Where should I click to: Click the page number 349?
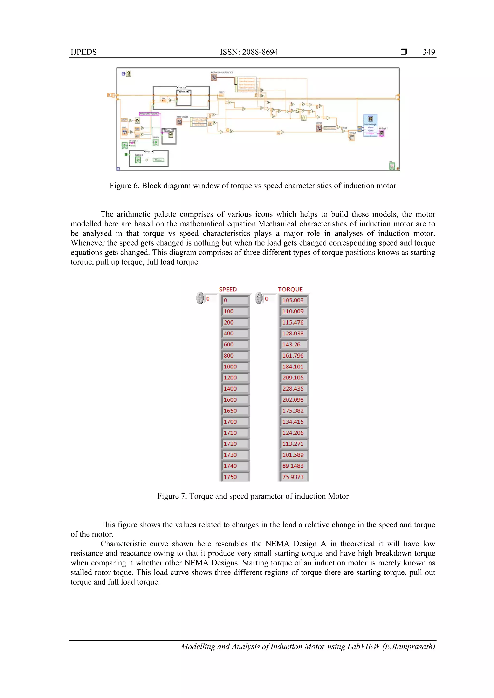tap(429, 52)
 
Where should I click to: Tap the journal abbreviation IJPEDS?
tap(84, 52)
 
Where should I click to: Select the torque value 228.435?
tap(293, 389)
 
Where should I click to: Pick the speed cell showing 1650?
tap(230, 411)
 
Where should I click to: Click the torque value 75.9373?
tap(293, 477)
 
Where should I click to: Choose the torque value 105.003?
tap(293, 300)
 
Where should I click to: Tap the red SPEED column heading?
tap(228, 289)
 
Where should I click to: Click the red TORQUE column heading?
tap(290, 289)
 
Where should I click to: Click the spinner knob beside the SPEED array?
tap(200, 298)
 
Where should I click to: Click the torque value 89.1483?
tap(293, 466)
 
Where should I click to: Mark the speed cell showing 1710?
tap(230, 432)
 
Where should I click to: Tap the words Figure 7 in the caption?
tap(171, 496)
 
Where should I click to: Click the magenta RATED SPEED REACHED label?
tap(149, 114)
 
